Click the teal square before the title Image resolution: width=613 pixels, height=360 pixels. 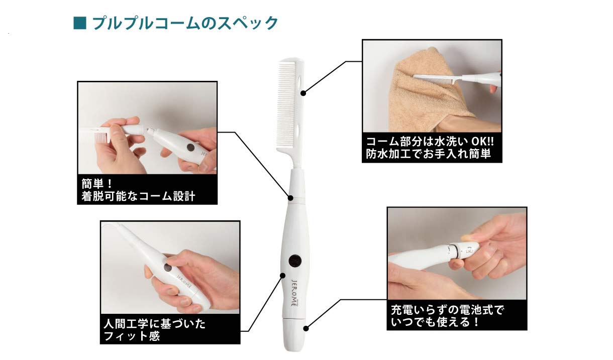tap(80, 23)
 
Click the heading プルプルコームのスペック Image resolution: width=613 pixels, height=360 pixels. tap(184, 23)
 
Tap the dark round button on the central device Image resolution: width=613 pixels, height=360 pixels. tap(294, 260)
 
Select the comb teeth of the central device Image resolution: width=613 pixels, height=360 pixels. tap(288, 115)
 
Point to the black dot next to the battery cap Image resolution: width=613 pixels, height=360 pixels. tap(306, 329)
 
